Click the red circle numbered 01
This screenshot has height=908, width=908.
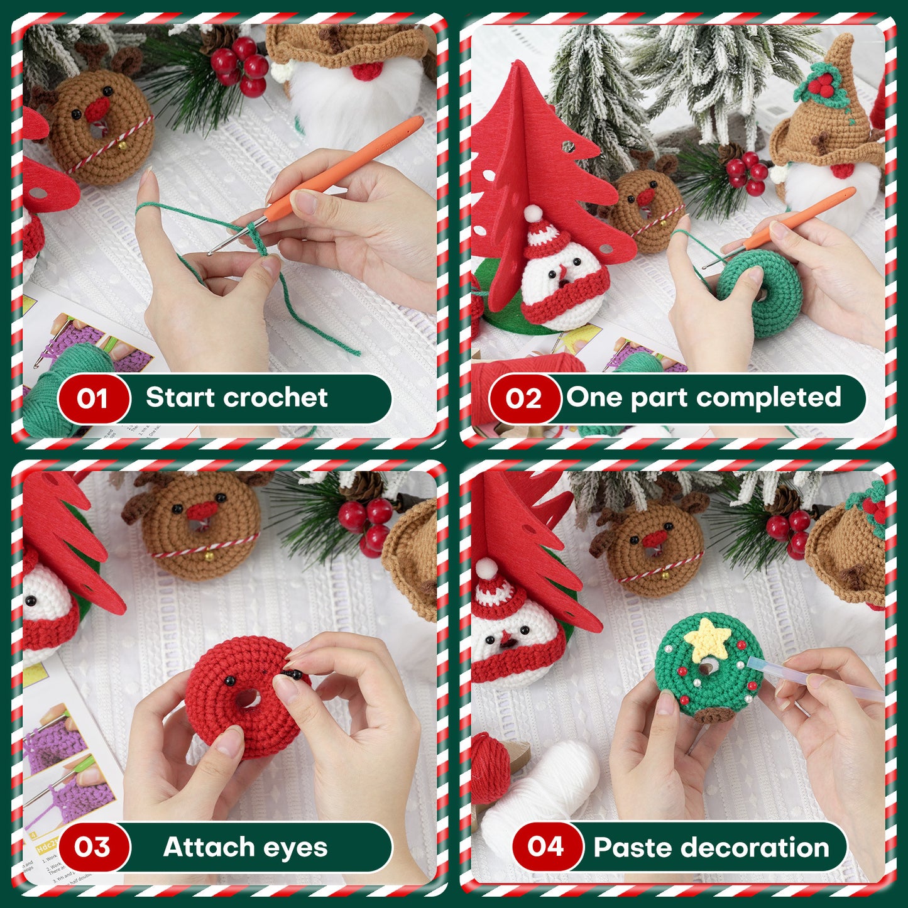click(x=92, y=398)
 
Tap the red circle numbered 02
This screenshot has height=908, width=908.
click(x=523, y=398)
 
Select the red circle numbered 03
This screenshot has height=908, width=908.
click(x=92, y=847)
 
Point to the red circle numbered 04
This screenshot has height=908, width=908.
click(x=545, y=846)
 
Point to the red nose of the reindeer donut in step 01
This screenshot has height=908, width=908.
click(x=97, y=109)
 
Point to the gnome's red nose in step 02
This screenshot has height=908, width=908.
click(x=842, y=170)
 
